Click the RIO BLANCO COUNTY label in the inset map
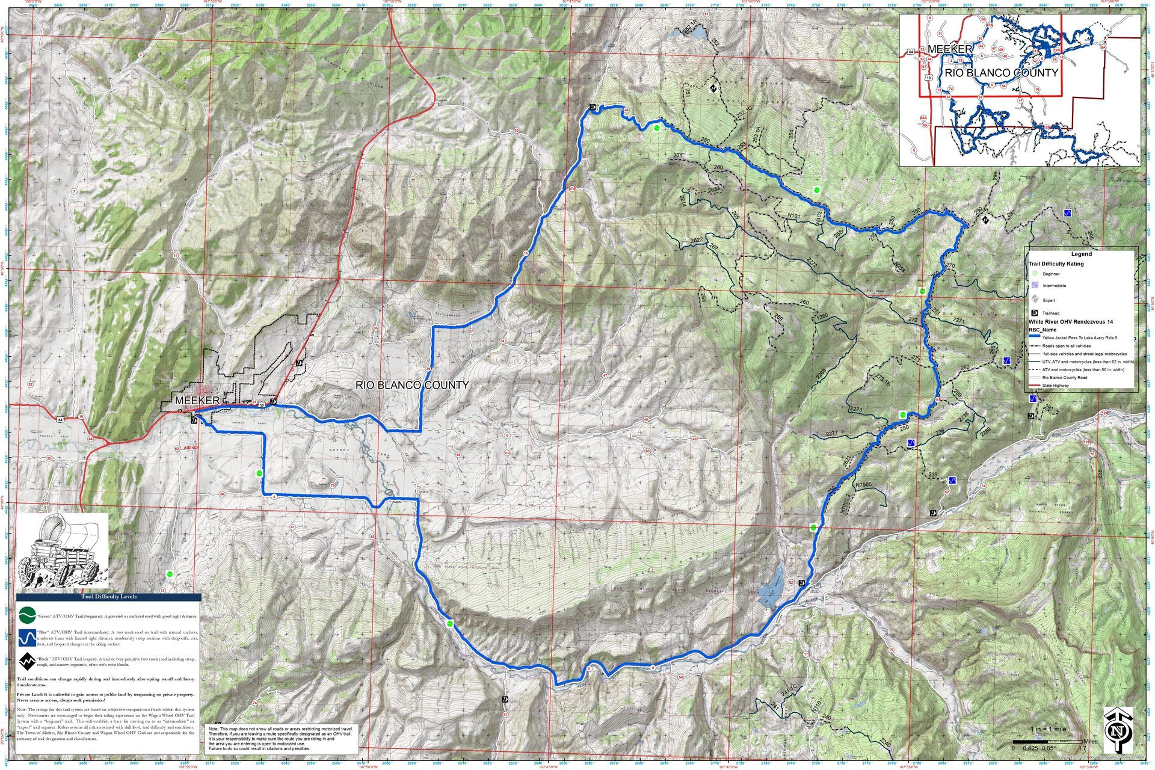[x=1002, y=73]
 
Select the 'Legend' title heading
[x=1081, y=254]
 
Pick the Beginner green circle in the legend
[x=1035, y=274]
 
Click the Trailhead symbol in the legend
[x=1035, y=313]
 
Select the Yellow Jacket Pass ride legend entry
[x=1077, y=338]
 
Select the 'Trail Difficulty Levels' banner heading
[x=108, y=597]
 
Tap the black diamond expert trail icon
[x=26, y=662]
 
